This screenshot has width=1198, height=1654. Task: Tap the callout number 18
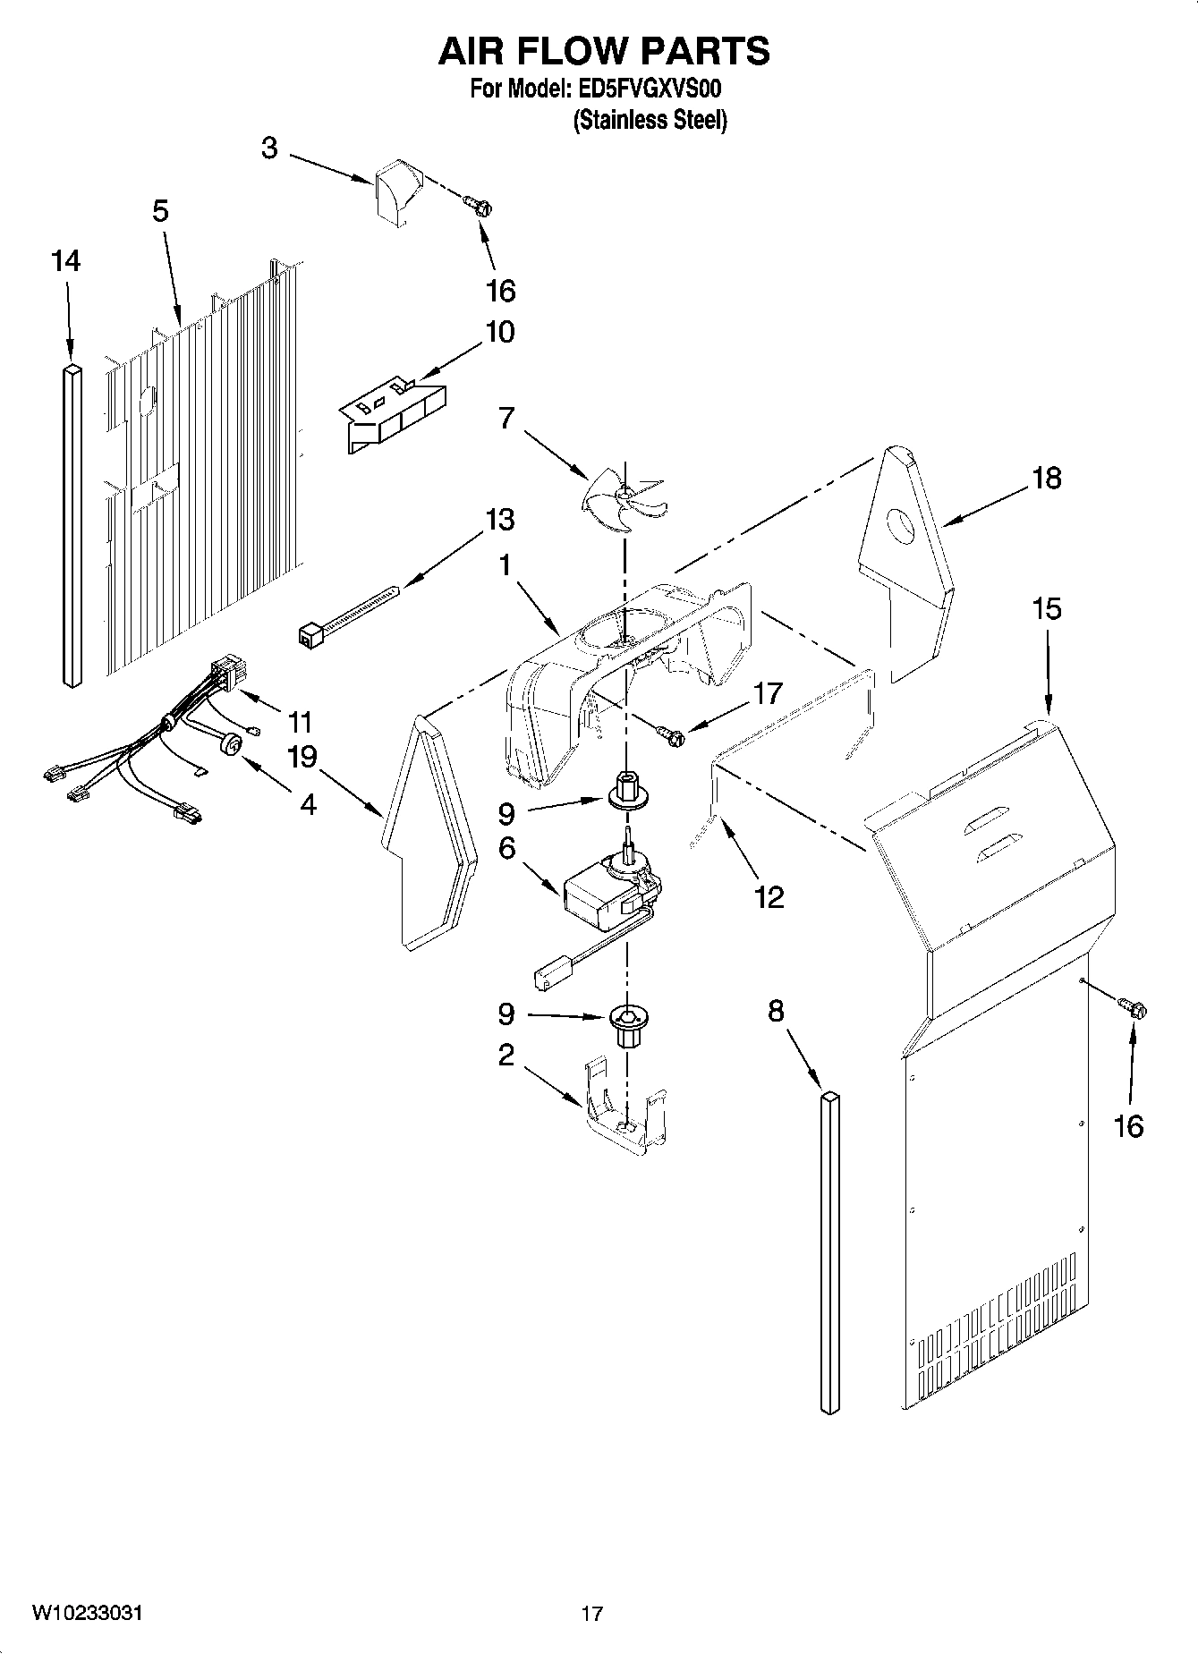point(1046,479)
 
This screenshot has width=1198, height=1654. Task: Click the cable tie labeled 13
point(349,615)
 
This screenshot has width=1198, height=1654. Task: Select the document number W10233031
point(88,1614)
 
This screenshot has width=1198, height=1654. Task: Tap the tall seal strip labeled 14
point(72,526)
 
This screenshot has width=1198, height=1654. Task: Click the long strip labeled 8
point(829,1252)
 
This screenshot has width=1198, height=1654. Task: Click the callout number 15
point(1046,609)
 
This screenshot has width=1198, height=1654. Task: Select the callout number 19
point(302,758)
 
